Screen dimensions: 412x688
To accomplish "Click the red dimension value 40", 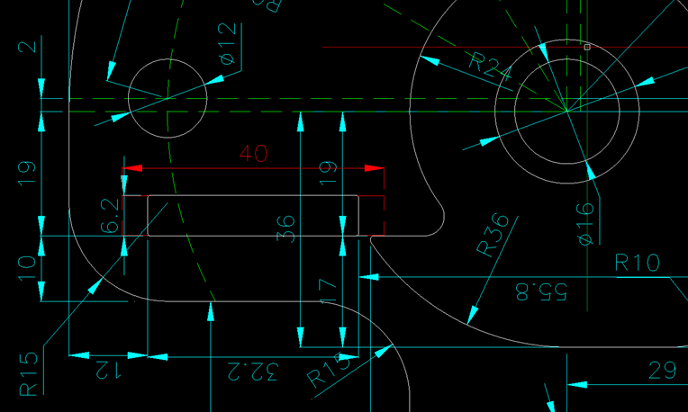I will (254, 154).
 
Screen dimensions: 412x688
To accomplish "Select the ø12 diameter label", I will (227, 44).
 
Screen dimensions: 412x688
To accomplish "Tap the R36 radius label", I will (493, 236).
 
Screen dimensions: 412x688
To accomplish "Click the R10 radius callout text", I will (638, 263).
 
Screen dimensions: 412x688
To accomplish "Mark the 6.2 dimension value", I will (111, 216).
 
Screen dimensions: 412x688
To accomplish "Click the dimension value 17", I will (328, 289).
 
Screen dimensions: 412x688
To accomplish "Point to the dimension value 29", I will (662, 370).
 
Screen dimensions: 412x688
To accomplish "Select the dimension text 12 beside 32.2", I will (109, 369).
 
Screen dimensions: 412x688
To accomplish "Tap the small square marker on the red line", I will (587, 46).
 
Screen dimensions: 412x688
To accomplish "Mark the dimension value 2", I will (32, 46).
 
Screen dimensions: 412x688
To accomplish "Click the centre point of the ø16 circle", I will (567, 112).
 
